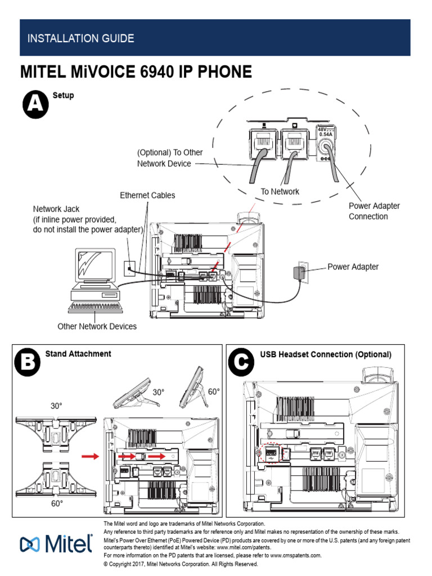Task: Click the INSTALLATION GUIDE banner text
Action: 81,39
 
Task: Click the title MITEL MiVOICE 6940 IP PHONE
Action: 136,72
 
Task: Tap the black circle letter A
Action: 35,105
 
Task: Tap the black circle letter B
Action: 27,363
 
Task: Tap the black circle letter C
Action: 241,364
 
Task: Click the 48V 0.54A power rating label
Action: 325,132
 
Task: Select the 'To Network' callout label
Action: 280,192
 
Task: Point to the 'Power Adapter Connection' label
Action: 374,211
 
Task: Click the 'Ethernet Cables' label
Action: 147,195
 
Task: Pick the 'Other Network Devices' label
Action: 97,326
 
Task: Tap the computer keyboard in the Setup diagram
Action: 94,308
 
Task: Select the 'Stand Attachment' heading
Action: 78,354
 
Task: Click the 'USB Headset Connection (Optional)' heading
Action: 325,354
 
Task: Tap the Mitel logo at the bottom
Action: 56,544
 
